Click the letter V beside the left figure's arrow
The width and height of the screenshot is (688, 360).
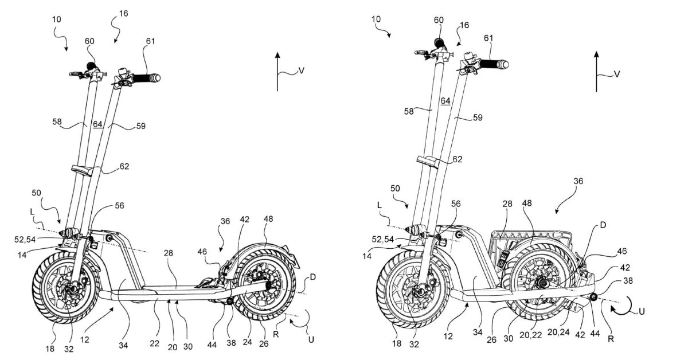pos(302,71)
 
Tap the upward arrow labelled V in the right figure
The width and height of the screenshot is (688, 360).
pos(596,72)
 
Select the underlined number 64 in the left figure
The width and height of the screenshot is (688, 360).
pos(97,124)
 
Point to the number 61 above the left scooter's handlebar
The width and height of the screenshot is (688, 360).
pos(150,41)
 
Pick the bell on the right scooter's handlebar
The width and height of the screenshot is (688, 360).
pos(467,57)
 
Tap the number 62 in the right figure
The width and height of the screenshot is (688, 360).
pos(457,159)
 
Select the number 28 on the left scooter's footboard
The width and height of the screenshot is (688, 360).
pos(169,253)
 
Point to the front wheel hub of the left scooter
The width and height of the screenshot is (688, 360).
pos(73,289)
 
